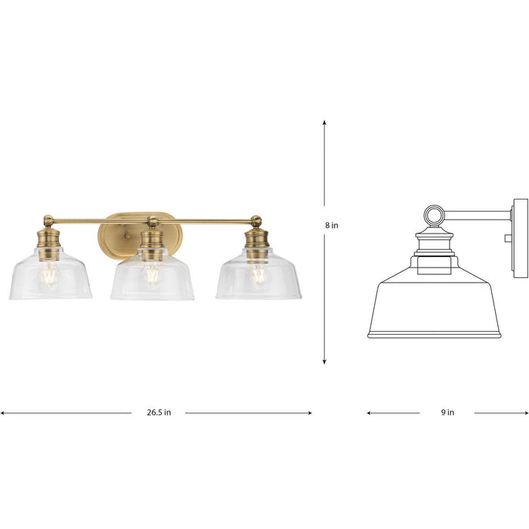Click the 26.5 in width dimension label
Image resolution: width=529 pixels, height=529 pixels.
[159, 413]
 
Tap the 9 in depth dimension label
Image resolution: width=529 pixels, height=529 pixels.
[447, 413]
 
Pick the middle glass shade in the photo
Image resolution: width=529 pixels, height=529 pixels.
[152, 281]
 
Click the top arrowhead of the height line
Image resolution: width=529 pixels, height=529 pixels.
[324, 122]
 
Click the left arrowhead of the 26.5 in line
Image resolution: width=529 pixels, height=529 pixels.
[3, 413]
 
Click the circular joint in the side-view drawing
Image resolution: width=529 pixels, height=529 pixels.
[435, 216]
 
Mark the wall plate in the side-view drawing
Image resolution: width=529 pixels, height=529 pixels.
[520, 234]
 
